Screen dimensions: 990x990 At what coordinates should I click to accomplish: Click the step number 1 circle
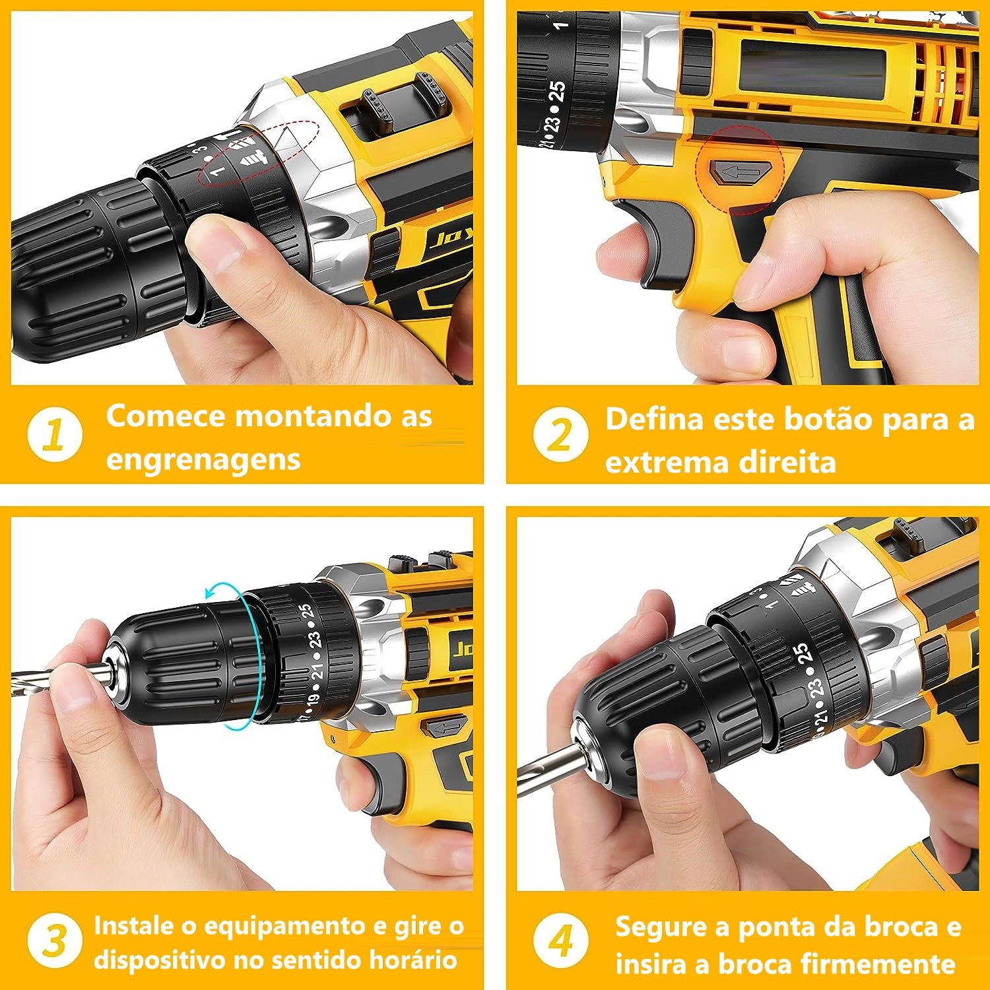55,436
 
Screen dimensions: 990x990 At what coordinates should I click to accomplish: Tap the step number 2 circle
560,436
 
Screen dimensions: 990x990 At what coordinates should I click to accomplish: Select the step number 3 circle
55,941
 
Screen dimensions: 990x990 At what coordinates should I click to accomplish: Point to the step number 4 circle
560,941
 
